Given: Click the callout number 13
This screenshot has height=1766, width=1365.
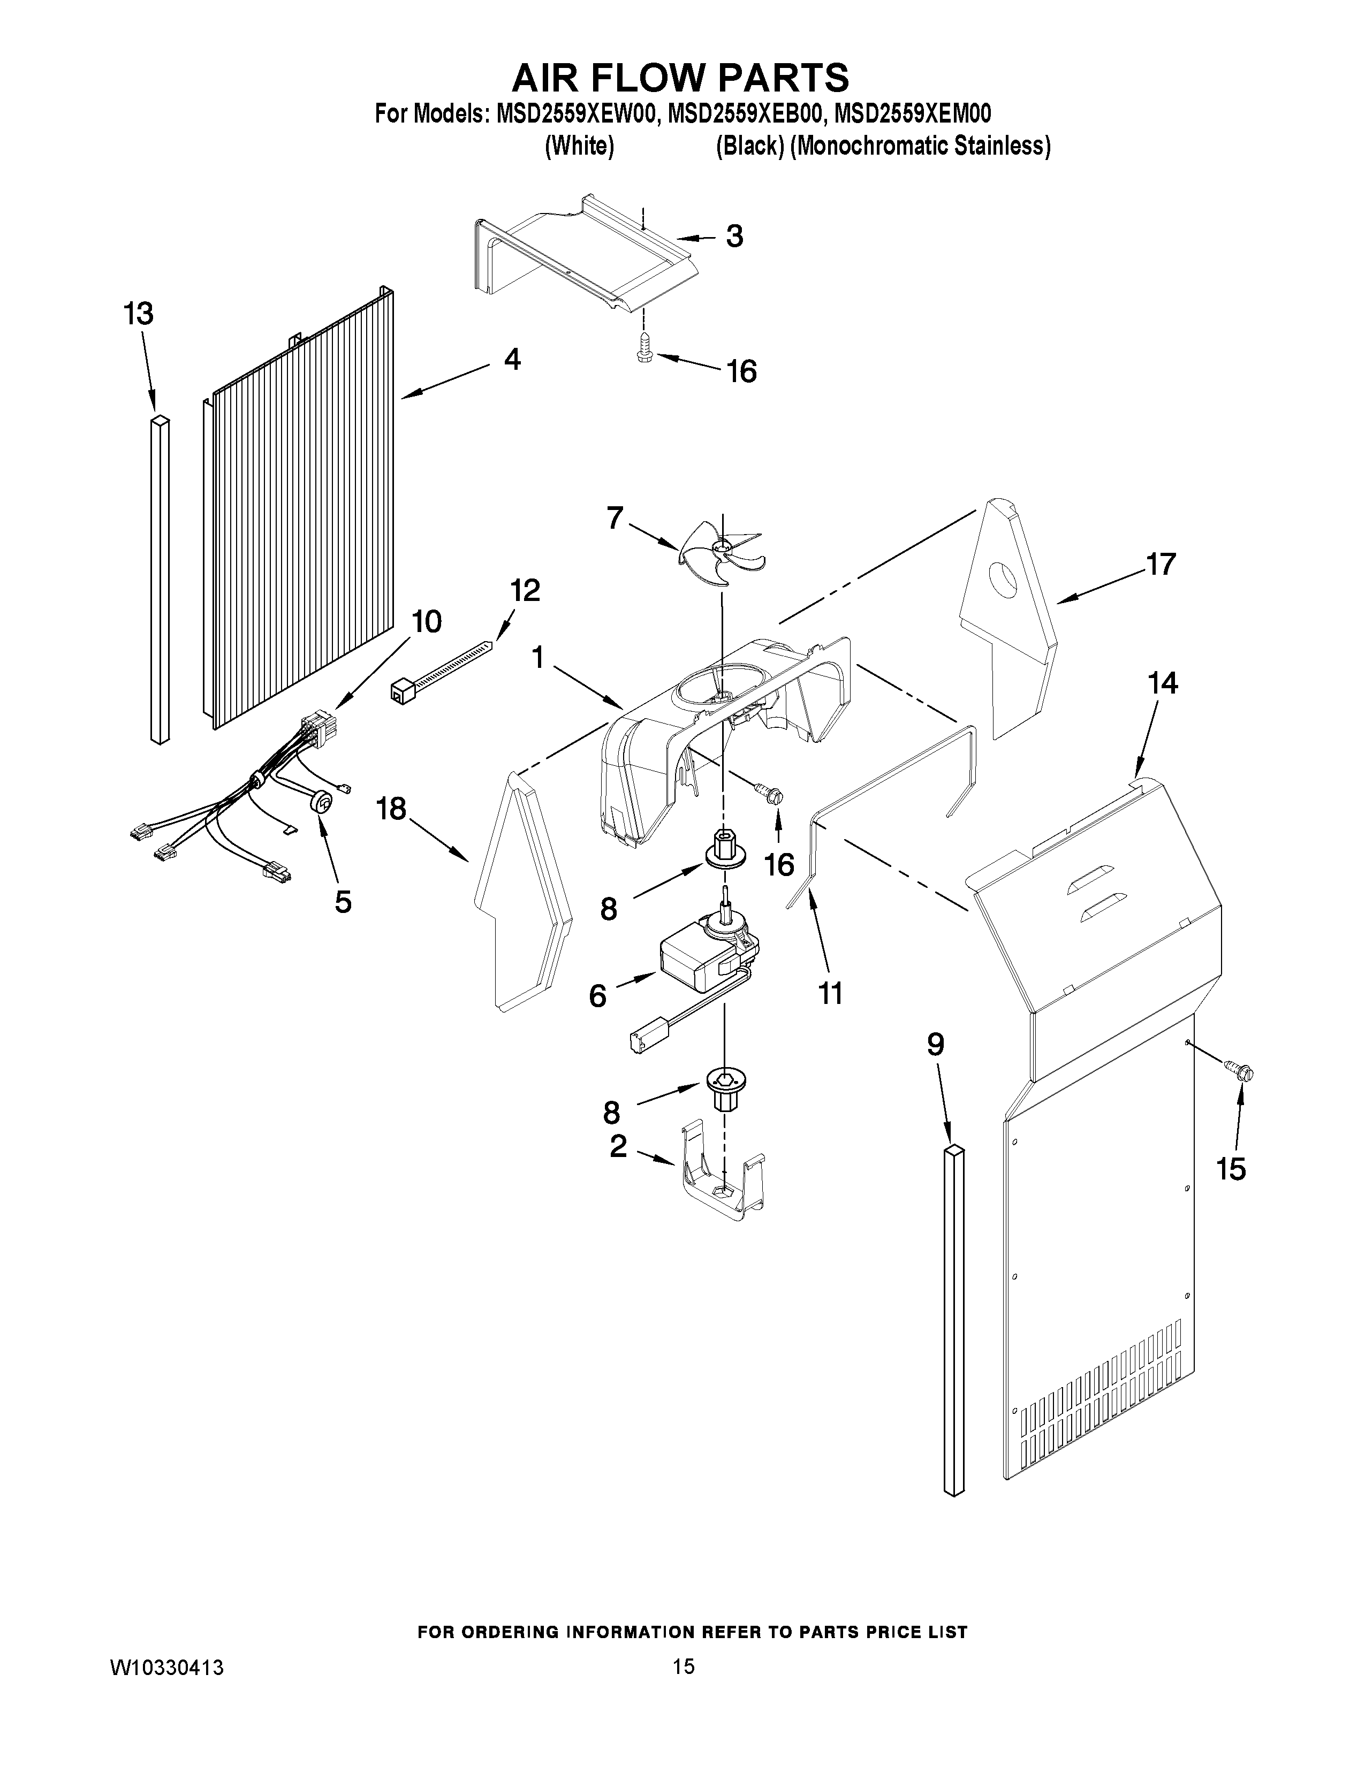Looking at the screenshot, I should pos(139,314).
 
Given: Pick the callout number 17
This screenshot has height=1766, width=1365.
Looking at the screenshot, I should pos(1161,564).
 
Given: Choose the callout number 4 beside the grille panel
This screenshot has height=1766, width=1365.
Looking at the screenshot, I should pos(512,360).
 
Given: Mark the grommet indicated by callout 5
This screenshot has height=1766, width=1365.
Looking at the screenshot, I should pos(322,802).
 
